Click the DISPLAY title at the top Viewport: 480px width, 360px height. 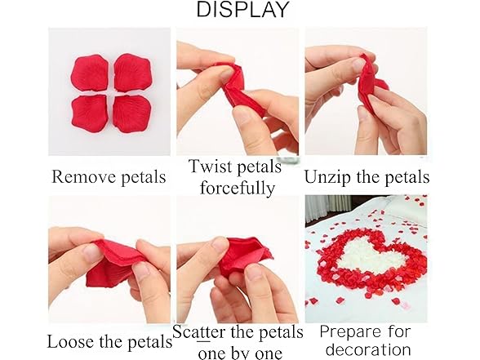[x=242, y=11]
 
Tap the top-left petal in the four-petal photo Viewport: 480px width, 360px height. [x=90, y=73]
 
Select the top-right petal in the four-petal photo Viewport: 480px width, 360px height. [x=131, y=72]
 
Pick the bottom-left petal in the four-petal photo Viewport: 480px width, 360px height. [x=90, y=113]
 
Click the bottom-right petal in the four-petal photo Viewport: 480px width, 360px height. [x=131, y=113]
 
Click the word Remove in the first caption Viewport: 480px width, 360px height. [x=78, y=176]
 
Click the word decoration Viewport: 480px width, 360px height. [x=366, y=350]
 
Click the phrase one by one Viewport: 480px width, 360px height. [x=237, y=352]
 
